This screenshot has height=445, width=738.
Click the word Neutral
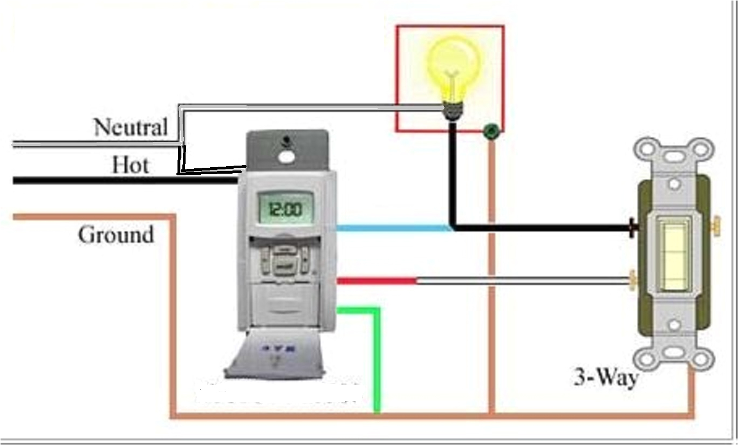[130, 127]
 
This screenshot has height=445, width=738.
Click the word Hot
[131, 164]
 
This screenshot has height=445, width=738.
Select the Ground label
[115, 235]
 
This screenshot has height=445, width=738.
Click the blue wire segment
[394, 228]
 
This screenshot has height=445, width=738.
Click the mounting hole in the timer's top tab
[286, 156]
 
